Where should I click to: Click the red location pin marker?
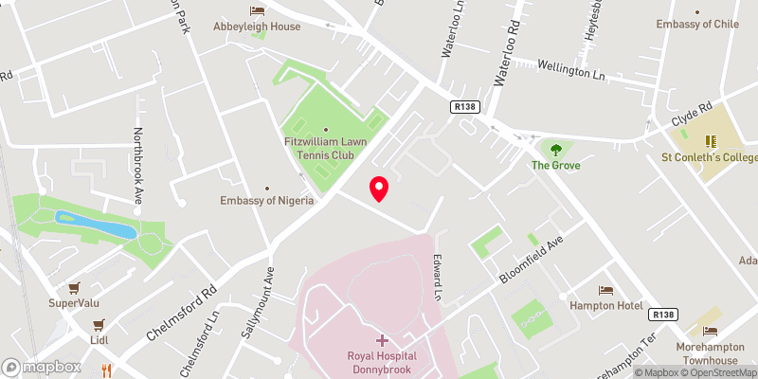(x=379, y=189)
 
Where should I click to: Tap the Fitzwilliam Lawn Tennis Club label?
(x=327, y=149)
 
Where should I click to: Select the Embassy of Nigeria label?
(x=266, y=200)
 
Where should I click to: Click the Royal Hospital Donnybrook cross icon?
(x=382, y=339)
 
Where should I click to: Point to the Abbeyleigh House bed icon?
(x=257, y=10)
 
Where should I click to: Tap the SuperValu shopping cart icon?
(x=73, y=288)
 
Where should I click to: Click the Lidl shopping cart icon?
(x=98, y=323)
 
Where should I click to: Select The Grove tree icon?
(x=555, y=149)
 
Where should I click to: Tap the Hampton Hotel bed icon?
(x=605, y=289)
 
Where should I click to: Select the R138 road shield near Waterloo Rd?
(x=464, y=108)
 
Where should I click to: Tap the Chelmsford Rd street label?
(x=182, y=313)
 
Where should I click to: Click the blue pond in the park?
(x=95, y=226)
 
